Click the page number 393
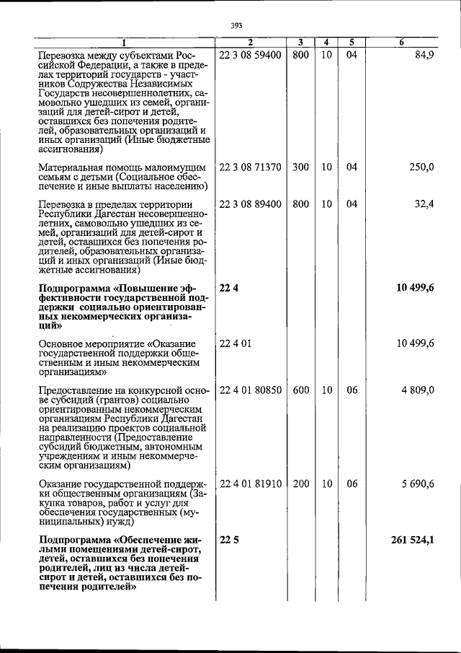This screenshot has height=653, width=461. tap(236, 26)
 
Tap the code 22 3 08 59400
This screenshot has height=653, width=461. tap(250, 55)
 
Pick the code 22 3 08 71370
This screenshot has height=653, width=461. tap(250, 167)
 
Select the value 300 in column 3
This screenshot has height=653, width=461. tap(300, 167)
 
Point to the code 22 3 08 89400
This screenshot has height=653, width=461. tap(250, 205)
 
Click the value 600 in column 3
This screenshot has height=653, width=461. tap(300, 390)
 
